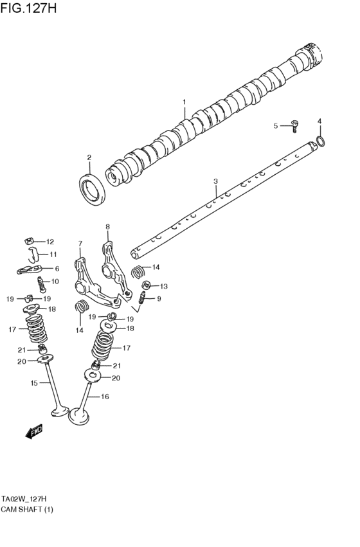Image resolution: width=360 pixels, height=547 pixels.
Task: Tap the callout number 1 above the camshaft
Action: (x=184, y=102)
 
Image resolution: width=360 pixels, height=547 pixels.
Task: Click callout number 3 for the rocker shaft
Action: (x=216, y=182)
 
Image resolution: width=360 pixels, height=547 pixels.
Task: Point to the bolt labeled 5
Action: (x=294, y=126)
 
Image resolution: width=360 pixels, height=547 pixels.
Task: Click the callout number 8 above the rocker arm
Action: (x=107, y=226)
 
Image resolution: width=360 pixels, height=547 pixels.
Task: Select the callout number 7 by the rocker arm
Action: (x=80, y=244)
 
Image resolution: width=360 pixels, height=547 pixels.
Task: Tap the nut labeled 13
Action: (x=146, y=285)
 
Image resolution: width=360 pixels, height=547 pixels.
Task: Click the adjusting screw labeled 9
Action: (x=143, y=298)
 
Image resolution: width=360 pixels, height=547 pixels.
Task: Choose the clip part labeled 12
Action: (x=30, y=242)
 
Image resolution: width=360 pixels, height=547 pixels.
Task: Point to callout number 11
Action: (x=53, y=255)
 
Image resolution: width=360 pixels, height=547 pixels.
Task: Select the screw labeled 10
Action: (x=40, y=282)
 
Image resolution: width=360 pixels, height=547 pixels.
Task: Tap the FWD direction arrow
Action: (x=34, y=433)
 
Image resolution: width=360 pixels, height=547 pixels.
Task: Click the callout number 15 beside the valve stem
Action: (x=34, y=383)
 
